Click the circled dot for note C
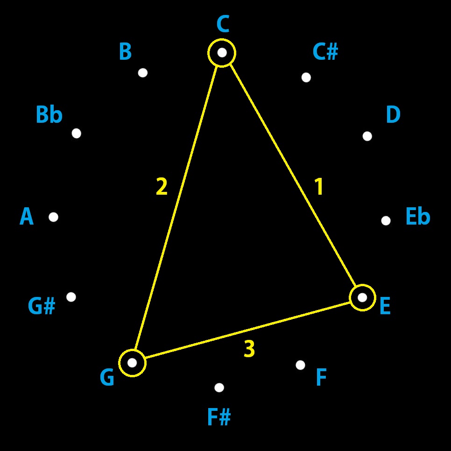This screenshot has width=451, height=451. [222, 53]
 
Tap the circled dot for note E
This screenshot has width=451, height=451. [362, 297]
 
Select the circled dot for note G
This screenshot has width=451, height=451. [132, 363]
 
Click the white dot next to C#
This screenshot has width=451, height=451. [306, 78]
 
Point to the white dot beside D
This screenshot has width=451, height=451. [367, 136]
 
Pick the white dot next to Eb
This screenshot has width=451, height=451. [386, 221]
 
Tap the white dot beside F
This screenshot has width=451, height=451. [300, 365]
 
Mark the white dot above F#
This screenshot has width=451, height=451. [219, 388]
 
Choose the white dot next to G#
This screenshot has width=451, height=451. [71, 297]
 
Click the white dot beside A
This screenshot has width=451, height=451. [53, 217]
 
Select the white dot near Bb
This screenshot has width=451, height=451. [77, 134]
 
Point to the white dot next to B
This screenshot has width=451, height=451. [143, 73]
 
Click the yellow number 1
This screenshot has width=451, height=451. [319, 187]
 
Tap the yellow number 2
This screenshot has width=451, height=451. [162, 187]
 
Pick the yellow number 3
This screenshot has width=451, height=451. [249, 349]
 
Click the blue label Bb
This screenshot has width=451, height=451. [49, 115]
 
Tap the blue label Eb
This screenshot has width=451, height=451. [417, 217]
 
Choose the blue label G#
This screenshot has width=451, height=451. [42, 307]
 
